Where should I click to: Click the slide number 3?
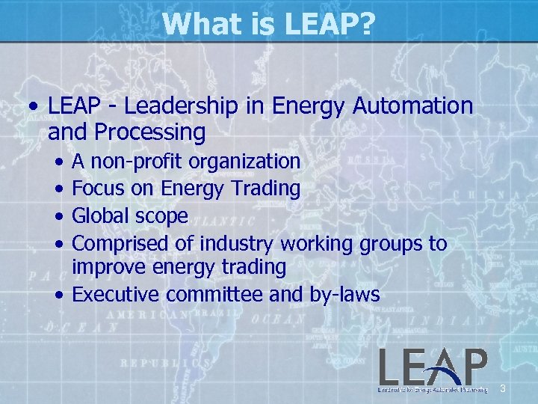click(x=503, y=388)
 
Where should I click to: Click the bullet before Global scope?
click(x=59, y=216)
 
